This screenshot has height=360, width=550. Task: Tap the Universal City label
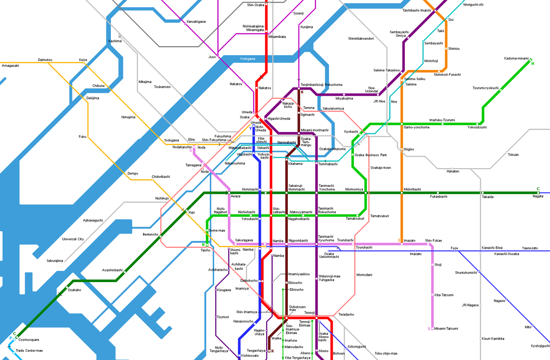73,239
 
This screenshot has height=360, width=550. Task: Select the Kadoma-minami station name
516,58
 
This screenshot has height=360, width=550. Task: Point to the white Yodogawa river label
247,59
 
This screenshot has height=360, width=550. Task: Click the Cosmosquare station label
29,340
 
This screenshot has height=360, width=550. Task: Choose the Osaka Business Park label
370,155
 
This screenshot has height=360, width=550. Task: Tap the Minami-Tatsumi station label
446,328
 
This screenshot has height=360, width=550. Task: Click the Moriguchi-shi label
473,5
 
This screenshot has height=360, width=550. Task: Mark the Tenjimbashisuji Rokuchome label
321,85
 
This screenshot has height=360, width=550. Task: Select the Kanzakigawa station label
196,22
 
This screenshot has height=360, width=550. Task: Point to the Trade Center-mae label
29,350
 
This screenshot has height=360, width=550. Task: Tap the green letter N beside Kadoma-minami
533,63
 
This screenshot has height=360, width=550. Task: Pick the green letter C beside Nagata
538,189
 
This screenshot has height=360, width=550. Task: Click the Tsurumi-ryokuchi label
485,88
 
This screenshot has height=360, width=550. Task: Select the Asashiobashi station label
112,270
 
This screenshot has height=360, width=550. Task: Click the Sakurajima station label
55,261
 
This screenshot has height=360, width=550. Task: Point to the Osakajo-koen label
380,168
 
